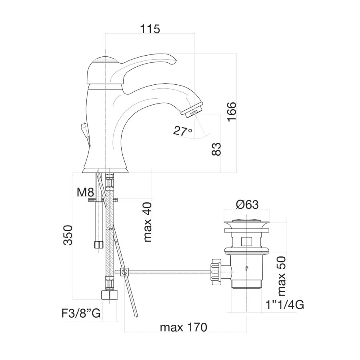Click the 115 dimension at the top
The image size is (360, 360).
[150, 29]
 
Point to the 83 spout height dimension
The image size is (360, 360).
[216, 149]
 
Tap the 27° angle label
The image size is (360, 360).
[182, 131]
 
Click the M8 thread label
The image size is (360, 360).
[86, 192]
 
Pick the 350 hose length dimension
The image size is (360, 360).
[68, 235]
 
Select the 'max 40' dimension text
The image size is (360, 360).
[147, 222]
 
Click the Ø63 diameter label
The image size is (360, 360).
[247, 204]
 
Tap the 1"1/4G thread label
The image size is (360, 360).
[285, 305]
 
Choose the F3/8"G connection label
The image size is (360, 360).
[81, 313]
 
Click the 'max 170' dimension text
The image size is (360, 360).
[184, 327]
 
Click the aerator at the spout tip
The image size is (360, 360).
[192, 110]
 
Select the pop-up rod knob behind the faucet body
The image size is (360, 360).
[84, 129]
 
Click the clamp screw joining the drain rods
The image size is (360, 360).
[125, 272]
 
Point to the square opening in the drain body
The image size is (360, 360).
[246, 242]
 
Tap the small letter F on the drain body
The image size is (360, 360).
[247, 268]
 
